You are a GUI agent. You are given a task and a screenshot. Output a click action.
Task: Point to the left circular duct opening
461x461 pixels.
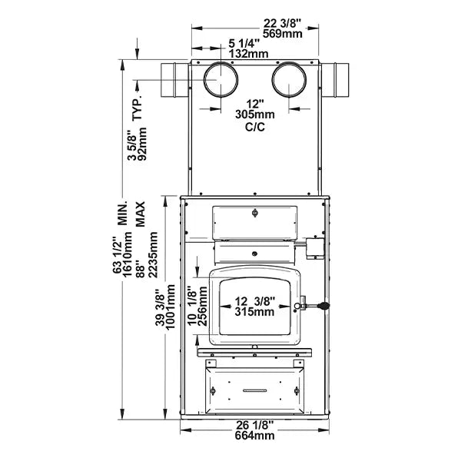coord(221,81)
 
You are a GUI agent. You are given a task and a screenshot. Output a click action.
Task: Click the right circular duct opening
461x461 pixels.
coord(290,81)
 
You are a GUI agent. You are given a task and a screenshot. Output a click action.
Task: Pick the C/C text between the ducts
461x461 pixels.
coord(254,128)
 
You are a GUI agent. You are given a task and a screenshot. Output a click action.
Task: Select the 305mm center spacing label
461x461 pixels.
coord(254,115)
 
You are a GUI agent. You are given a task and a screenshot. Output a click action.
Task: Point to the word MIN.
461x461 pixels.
coord(121,214)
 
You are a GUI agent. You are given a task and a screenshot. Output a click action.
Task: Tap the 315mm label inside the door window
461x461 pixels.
coord(254,312)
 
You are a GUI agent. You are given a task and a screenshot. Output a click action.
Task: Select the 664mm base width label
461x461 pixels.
coord(254,436)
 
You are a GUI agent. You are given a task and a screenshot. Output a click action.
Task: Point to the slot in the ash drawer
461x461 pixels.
coord(254,390)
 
